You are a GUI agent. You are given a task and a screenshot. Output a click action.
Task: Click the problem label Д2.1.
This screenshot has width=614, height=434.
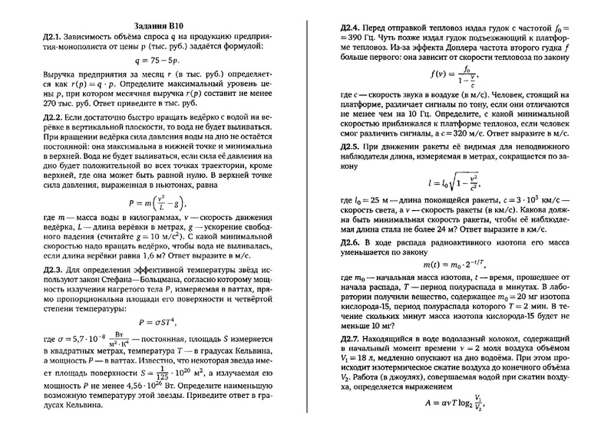pyautogui.click(x=54, y=36)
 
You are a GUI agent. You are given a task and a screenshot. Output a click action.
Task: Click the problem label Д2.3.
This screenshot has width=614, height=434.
pyautogui.click(x=54, y=269)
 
